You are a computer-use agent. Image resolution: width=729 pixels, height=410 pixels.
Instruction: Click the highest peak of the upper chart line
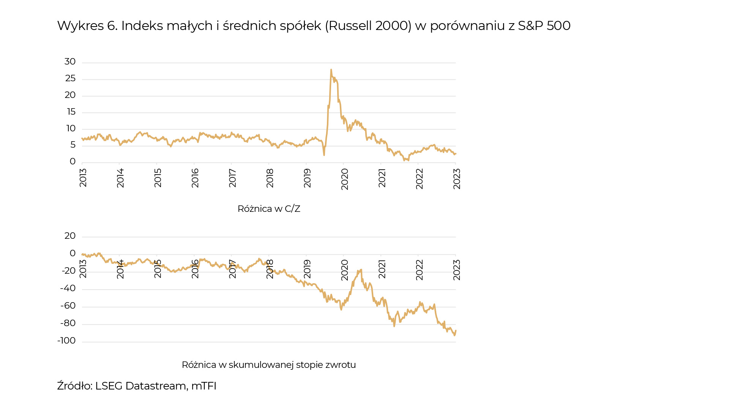pos(331,70)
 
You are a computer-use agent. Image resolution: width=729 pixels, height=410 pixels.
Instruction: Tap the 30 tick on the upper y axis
pos(70,61)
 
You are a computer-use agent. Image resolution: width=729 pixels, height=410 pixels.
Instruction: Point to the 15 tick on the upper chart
pos(71,112)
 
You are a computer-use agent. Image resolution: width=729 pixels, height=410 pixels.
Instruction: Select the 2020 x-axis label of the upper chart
pos(344,179)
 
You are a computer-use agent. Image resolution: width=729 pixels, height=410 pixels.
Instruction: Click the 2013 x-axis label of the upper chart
pos(83,178)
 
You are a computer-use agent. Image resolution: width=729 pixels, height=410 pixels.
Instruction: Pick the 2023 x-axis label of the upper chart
pos(457,178)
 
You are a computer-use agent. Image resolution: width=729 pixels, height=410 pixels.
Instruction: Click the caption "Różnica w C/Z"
pos(269,209)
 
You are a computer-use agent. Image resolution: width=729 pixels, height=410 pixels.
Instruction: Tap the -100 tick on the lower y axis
pos(66,341)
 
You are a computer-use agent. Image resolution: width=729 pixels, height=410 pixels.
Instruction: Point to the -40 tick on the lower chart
pos(68,289)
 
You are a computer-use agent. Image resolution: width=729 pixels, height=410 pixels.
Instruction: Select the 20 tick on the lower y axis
pos(70,236)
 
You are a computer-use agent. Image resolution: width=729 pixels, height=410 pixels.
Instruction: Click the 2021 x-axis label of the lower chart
pos(382,269)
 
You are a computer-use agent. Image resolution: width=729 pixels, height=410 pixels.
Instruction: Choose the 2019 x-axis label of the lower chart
pos(307,269)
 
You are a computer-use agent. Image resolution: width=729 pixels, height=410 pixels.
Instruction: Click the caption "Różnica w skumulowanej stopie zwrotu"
pos(269,365)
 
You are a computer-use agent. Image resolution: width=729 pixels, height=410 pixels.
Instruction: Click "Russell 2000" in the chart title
pos(368,26)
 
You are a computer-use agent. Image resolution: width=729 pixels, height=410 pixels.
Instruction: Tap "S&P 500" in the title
pos(544,26)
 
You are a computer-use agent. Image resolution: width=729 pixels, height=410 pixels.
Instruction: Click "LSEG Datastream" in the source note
pos(140,386)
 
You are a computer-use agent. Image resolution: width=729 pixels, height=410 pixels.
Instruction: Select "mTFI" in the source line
pos(204,386)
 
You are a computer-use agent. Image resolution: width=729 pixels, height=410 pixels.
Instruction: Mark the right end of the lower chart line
pos(456,331)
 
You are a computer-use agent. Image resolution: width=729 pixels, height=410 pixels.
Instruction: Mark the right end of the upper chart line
pos(456,154)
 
